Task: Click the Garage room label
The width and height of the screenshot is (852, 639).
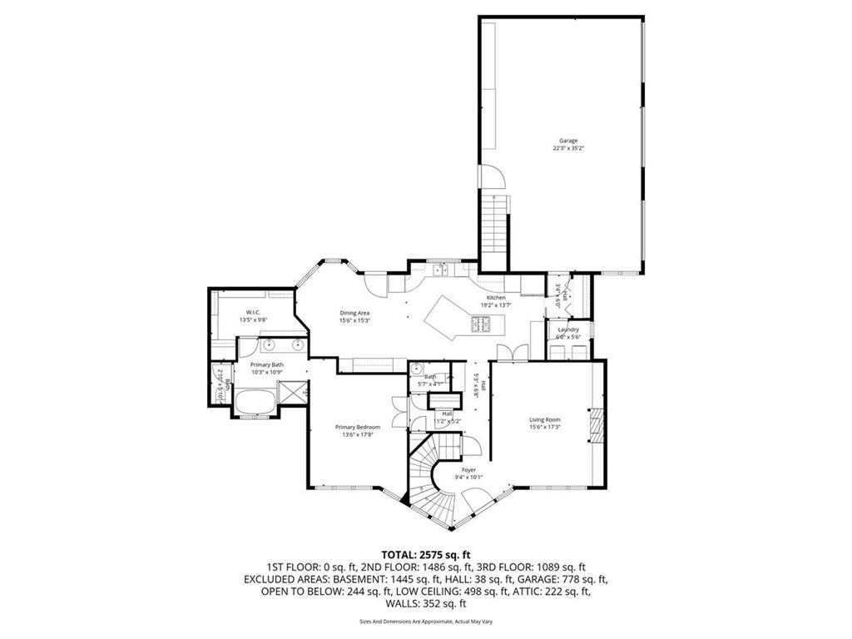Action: click(x=568, y=141)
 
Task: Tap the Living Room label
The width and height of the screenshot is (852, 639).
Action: click(x=545, y=419)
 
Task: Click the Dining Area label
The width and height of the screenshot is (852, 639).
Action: click(x=354, y=313)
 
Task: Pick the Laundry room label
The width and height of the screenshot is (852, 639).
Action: click(x=568, y=329)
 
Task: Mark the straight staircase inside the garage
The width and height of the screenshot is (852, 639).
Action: click(x=496, y=220)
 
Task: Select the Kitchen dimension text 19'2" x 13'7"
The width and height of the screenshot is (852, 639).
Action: click(x=496, y=305)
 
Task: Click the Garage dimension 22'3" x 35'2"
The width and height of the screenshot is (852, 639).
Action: click(x=568, y=149)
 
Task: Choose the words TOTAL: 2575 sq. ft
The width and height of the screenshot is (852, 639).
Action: click(x=426, y=554)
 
